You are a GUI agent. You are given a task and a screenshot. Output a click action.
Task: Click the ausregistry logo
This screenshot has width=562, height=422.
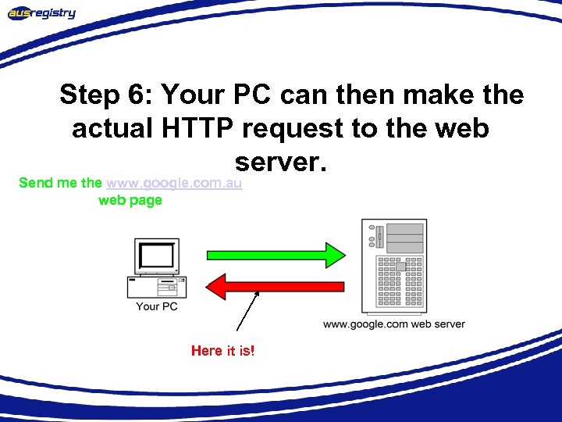(42, 13)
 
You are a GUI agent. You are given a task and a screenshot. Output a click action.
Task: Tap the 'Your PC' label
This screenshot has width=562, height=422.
(157, 306)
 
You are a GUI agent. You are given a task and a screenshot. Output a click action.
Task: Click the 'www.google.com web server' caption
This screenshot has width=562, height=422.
(393, 324)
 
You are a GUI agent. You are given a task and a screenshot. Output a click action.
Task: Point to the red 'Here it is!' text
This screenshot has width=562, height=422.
(222, 351)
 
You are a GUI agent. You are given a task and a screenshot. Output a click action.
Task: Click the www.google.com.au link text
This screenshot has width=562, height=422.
(174, 183)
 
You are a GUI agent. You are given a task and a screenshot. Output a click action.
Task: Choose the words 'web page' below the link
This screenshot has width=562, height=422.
(130, 200)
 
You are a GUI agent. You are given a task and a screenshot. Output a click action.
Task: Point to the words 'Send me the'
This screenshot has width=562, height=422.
(60, 183)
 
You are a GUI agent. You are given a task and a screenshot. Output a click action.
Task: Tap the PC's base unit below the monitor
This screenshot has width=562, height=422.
(157, 287)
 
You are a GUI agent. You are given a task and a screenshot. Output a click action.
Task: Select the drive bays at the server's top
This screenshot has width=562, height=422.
(404, 235)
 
